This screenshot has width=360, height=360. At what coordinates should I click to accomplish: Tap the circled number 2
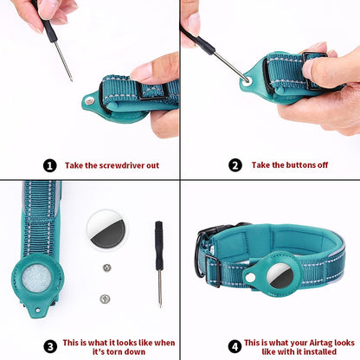pyautogui.click(x=235, y=164)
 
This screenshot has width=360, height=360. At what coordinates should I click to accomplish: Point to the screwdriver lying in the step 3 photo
pyautogui.click(x=159, y=260)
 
